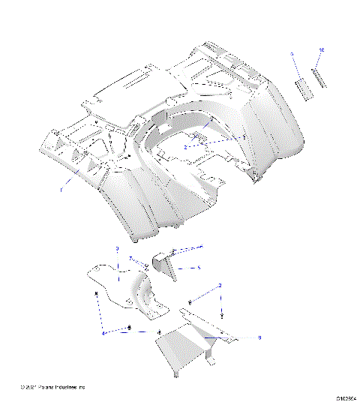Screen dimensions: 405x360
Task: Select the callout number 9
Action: coord(292,55)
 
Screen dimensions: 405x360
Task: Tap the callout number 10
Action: coord(322,50)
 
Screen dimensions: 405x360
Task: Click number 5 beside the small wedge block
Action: coord(198,267)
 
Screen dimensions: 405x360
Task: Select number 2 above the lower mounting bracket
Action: coord(220,286)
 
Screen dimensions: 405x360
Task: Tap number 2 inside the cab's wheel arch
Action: coord(184,148)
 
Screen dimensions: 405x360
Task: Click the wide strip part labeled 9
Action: coord(303,87)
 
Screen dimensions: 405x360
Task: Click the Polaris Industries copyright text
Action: coord(53,387)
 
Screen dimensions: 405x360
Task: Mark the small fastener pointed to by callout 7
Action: coord(147,267)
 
